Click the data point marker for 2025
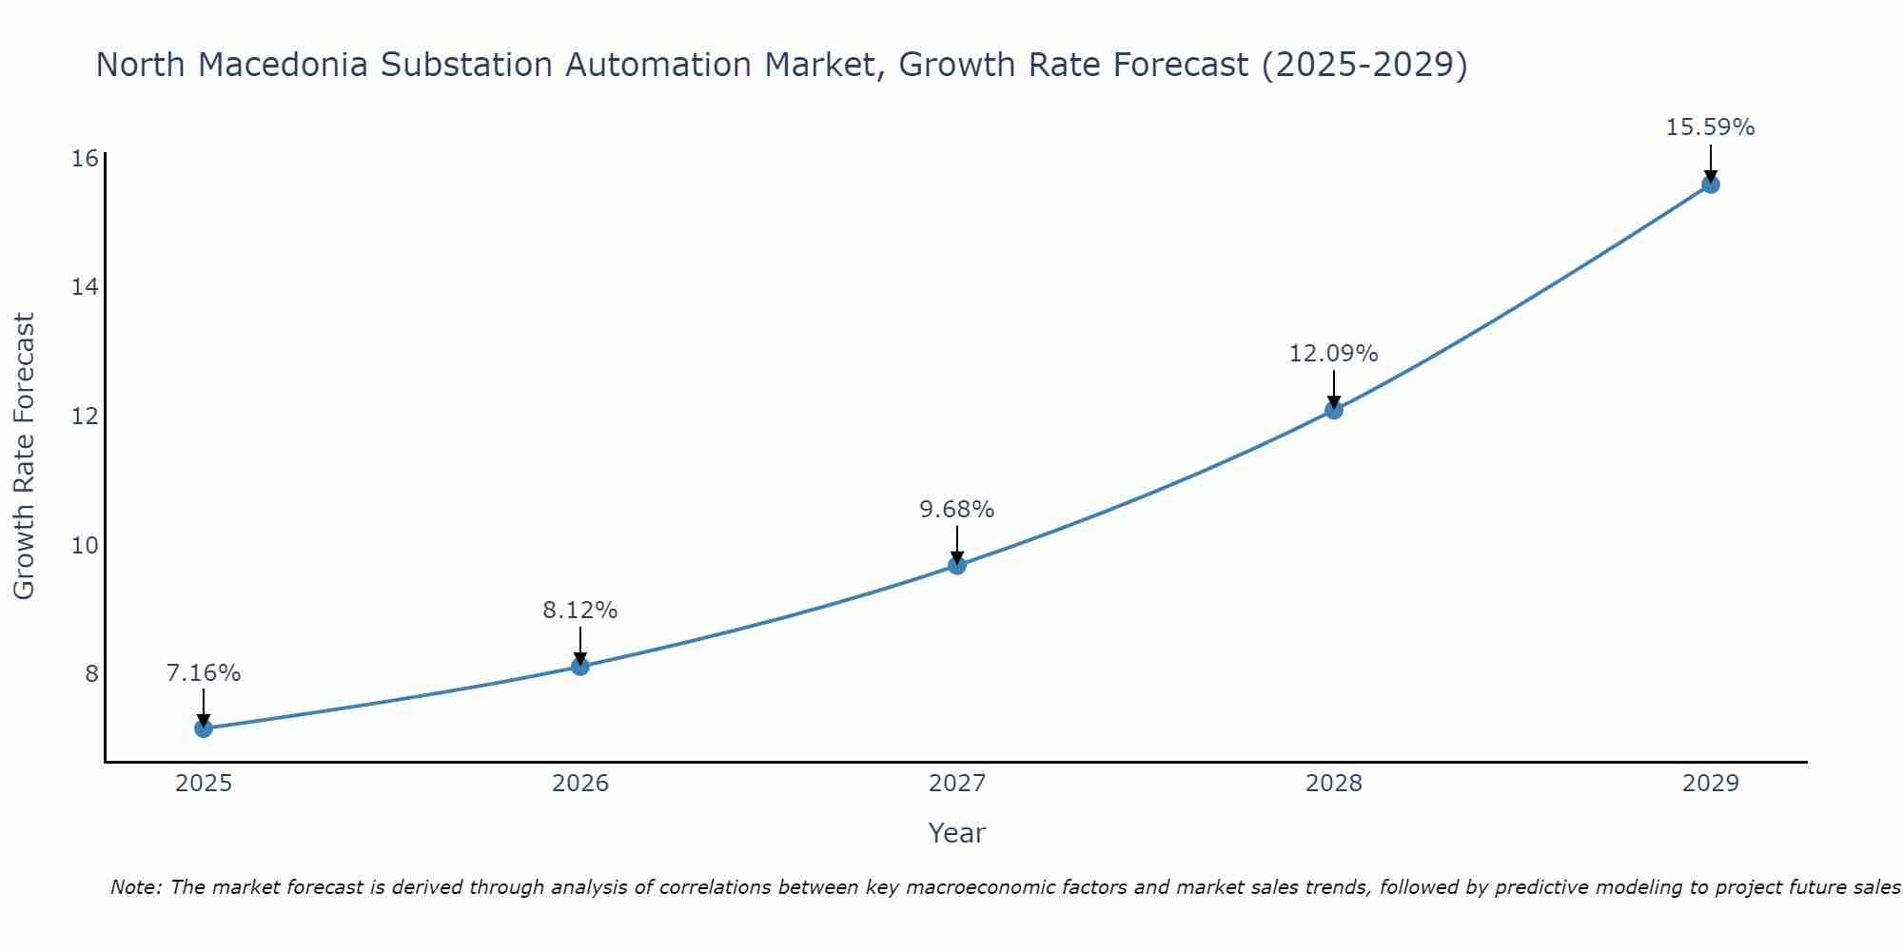(x=204, y=728)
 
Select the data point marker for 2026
(x=580, y=666)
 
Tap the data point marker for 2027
(x=957, y=566)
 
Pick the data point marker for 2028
(x=1334, y=410)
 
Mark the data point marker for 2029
(x=1711, y=184)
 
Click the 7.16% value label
(x=204, y=673)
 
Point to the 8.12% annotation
(x=580, y=611)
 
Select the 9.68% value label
(x=957, y=510)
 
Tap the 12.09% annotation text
(x=1334, y=354)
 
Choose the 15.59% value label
(x=1711, y=127)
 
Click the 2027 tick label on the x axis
(x=957, y=784)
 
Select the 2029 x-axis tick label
(x=1711, y=784)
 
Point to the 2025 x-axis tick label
(x=204, y=784)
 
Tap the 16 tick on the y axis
(x=86, y=158)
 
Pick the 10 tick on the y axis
(x=86, y=545)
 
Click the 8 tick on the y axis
(x=91, y=674)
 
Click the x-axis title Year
(x=957, y=833)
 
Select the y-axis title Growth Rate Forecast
(x=24, y=456)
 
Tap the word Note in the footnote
(x=136, y=887)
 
